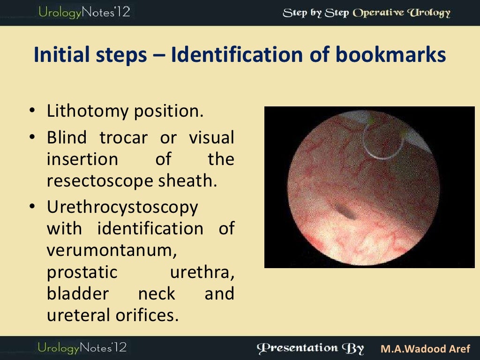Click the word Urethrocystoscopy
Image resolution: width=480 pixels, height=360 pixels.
click(x=122, y=207)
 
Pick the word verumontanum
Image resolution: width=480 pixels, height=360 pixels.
click(x=112, y=250)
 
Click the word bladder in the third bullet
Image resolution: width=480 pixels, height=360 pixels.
click(x=78, y=294)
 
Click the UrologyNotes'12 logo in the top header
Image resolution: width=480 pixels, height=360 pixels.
click(x=84, y=12)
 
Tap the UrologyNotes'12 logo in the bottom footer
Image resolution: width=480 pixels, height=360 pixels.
click(x=82, y=348)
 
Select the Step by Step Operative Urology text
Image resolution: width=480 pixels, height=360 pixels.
click(x=366, y=13)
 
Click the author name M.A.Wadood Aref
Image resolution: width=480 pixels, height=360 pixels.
click(x=425, y=349)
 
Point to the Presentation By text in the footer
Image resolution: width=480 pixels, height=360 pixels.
click(x=310, y=348)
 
